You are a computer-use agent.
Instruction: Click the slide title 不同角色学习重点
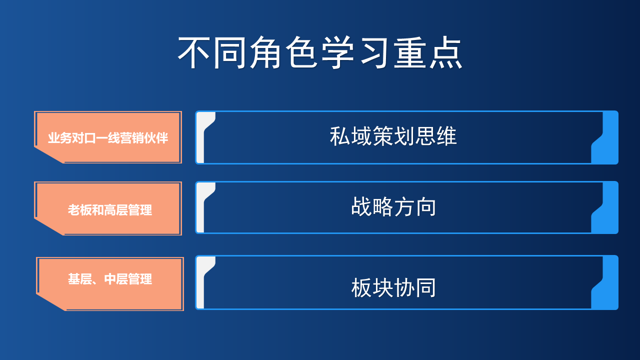(320, 52)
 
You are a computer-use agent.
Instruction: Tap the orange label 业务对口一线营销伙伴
(108, 137)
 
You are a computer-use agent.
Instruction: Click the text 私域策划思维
(393, 136)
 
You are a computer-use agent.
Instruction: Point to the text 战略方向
(393, 206)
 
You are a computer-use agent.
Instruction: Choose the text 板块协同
(393, 287)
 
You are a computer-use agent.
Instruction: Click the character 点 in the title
(446, 52)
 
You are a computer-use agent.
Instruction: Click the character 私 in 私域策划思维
(340, 136)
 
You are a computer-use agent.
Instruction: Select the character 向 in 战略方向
(425, 207)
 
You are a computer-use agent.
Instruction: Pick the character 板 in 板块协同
(361, 287)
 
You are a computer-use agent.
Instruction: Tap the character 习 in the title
(374, 52)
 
